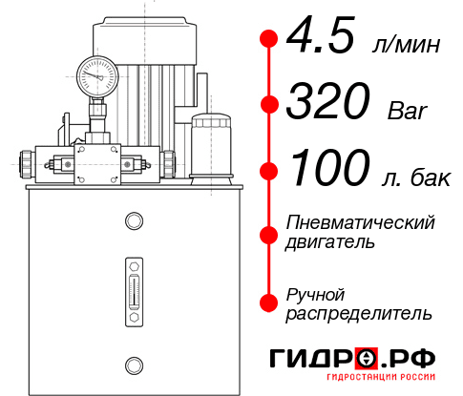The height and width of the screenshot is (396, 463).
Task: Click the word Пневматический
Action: pos(360,222)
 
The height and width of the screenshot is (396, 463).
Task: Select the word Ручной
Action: pos(315,294)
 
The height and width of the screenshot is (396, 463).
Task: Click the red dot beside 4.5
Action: pos(270,39)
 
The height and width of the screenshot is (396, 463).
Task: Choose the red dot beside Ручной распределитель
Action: pos(270,302)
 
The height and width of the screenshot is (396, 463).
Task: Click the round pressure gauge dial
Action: pos(97,74)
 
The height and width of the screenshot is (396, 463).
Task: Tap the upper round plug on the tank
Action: pos(133,221)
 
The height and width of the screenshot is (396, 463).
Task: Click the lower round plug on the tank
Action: pos(133,363)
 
